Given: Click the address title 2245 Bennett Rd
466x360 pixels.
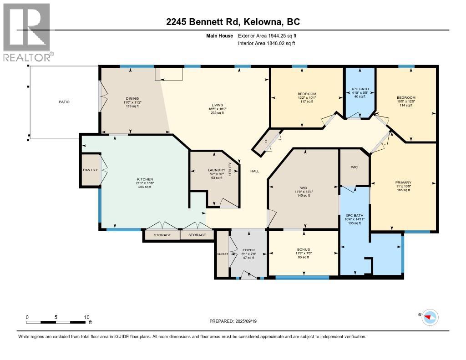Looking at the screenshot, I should [233, 21].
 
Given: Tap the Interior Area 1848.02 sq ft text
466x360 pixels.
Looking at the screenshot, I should [267, 43].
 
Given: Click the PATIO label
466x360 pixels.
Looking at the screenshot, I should [64, 102].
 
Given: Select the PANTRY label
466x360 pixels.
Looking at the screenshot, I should [90, 170].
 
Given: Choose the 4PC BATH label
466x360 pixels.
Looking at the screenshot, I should [359, 89].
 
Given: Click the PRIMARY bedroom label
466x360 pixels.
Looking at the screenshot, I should [404, 182].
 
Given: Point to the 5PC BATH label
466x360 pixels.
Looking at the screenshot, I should [354, 215].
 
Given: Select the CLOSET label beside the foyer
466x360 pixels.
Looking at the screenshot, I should [223, 254].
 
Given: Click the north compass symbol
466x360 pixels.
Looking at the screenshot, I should [430, 317].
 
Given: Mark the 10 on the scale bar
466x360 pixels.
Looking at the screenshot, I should [86, 317].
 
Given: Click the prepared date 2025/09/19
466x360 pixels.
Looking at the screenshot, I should [236, 321].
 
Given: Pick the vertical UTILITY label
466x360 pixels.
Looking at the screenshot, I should [230, 169].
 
